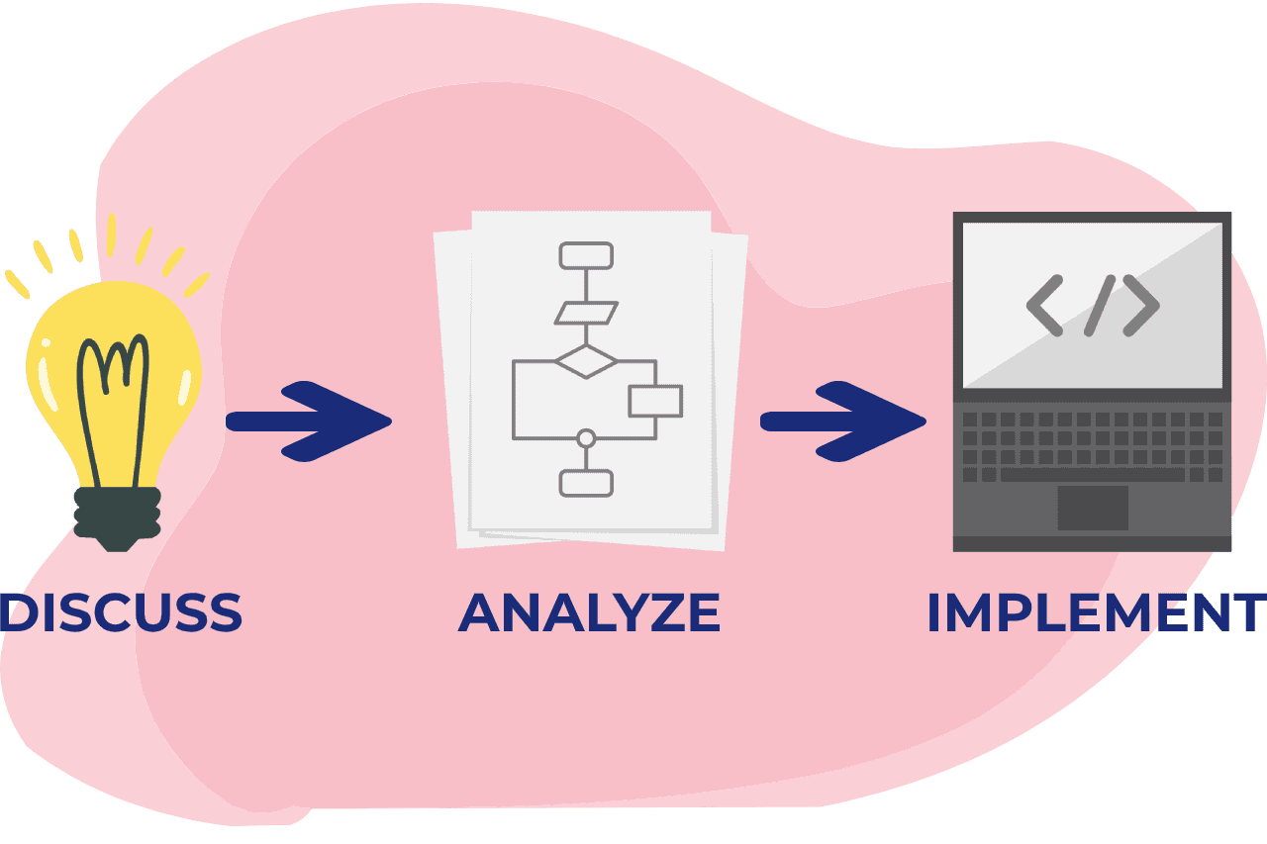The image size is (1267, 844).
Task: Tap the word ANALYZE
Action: point(589,612)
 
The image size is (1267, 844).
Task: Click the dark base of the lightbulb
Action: point(118,516)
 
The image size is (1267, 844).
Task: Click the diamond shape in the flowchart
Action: point(586,361)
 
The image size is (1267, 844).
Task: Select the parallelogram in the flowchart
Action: point(586,314)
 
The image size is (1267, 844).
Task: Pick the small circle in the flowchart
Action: point(586,438)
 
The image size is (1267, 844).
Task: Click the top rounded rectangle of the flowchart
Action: point(586,255)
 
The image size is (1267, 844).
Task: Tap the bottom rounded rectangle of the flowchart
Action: point(586,483)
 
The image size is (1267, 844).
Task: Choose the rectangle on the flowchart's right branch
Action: point(654,401)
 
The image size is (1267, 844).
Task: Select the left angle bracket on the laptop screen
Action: point(1044,305)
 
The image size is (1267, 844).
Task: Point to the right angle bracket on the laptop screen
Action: point(1141,305)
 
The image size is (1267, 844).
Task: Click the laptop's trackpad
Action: point(1093,508)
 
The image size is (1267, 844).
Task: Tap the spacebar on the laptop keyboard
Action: point(1093,475)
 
